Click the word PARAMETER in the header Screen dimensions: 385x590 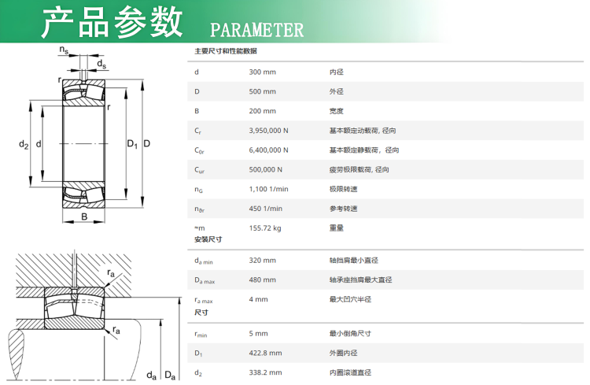click(256, 30)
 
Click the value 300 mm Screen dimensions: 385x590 click(262, 72)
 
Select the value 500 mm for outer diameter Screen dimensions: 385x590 click(262, 91)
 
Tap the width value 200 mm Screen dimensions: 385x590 click(262, 111)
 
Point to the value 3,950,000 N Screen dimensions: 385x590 click(268, 131)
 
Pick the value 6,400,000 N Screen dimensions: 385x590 click(268, 150)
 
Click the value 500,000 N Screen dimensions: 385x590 click(265, 169)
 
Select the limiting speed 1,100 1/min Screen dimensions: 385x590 click(268, 189)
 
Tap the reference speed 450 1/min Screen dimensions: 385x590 click(265, 209)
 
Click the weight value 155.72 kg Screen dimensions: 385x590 click(265, 228)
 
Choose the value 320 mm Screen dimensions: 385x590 click(262, 261)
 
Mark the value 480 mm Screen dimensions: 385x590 click(262, 279)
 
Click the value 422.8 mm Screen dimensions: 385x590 click(265, 353)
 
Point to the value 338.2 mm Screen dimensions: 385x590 click(265, 372)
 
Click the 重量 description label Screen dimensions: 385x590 click(336, 228)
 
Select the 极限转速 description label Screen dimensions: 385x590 click(343, 189)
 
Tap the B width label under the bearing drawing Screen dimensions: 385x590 click(84, 217)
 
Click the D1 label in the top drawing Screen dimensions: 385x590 click(131, 144)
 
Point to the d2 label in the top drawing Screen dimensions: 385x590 click(23, 144)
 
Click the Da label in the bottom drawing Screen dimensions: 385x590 click(169, 376)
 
